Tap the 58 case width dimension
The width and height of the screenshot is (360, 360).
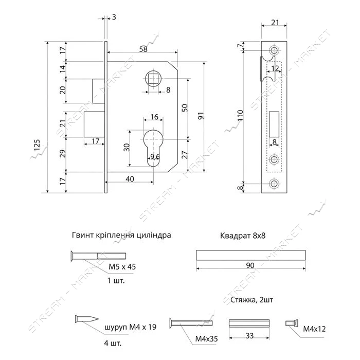143,49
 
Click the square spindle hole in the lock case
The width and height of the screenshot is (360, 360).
153,79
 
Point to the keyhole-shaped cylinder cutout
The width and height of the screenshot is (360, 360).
153,147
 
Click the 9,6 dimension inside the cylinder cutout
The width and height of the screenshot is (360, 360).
155,157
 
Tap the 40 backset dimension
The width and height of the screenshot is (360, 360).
130,178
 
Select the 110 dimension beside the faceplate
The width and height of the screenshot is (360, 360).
240,116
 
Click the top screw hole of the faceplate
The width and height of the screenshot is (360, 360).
274,50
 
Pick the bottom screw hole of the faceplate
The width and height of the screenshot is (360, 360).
274,184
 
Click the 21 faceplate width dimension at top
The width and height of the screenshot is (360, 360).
275,22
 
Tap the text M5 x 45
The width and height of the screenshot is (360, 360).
122,267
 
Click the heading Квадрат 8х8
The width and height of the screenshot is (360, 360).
243,236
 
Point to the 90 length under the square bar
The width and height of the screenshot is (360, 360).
250,265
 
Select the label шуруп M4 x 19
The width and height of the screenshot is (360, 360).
131,327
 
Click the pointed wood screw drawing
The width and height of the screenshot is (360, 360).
87,319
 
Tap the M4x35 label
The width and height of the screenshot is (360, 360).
206,338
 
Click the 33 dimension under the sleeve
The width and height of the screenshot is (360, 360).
249,336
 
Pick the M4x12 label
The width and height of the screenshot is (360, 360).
314,329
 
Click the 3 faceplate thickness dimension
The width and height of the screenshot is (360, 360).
114,17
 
